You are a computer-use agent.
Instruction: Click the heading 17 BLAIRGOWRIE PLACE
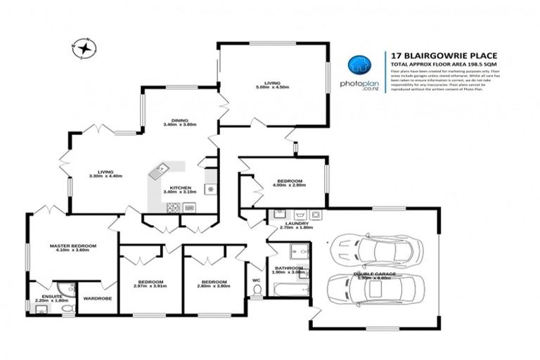coord(431,54)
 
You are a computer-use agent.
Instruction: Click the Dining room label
coord(179,122)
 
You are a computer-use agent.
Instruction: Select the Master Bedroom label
coord(72,247)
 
